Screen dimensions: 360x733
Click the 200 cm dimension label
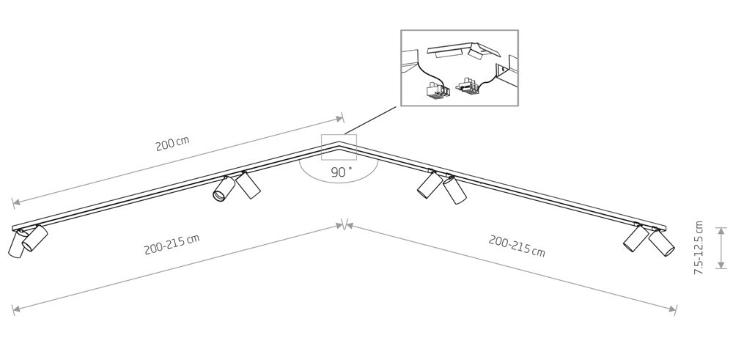pos(172,144)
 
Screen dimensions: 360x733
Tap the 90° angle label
pos(341,172)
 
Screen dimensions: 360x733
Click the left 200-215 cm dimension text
pos(172,246)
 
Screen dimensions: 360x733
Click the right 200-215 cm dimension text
pos(517,246)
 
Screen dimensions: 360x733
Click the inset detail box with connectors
pos(459,67)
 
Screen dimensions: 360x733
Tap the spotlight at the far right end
pos(662,243)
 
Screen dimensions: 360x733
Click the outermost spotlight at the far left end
pos(16,243)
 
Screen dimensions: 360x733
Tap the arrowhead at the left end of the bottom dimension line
pos(15,309)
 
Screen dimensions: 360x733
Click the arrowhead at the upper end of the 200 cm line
pos(339,117)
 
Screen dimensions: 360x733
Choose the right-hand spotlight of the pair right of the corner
pos(455,190)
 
